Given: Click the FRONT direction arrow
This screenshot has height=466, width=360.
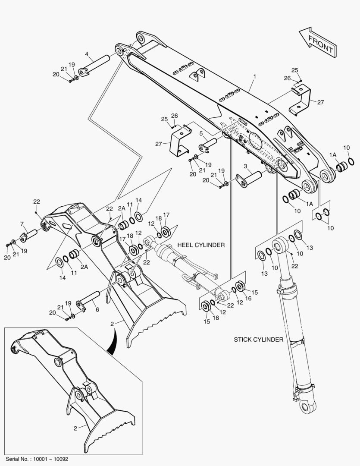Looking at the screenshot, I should [x=317, y=42].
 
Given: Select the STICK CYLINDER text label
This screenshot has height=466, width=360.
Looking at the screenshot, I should [x=258, y=340].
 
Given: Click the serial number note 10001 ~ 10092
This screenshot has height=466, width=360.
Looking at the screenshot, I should [x=37, y=459].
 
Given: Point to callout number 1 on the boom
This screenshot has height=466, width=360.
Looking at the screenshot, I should [x=255, y=76].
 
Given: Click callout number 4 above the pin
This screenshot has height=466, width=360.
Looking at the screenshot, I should [x=87, y=54].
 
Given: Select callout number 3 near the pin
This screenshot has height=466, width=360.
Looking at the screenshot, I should [x=245, y=166].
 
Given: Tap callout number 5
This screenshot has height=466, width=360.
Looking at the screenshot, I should [x=201, y=134].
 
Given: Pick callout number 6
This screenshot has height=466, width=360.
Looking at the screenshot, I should [x=97, y=310].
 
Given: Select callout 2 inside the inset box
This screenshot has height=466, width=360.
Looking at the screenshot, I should [x=75, y=428].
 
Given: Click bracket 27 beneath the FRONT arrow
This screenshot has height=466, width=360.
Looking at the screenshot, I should [x=302, y=100].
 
